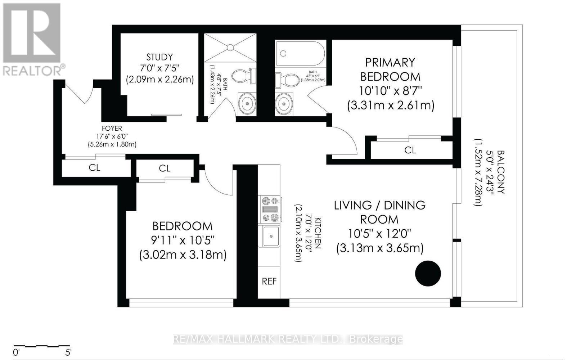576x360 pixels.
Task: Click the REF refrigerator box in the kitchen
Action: [x=269, y=281]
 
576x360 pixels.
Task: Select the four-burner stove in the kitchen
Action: [x=270, y=209]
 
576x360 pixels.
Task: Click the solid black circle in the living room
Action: [x=428, y=274]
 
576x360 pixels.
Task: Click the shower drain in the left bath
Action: [x=230, y=47]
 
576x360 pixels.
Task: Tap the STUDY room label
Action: [x=159, y=57]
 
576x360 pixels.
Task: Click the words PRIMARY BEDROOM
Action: [x=390, y=69]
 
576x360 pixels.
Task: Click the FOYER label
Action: [x=112, y=128]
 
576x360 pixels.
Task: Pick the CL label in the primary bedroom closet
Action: [x=410, y=150]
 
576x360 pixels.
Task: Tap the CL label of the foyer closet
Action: [x=95, y=168]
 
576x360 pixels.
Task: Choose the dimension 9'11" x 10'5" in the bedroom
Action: [x=183, y=240]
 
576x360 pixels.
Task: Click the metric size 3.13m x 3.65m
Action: [x=380, y=248]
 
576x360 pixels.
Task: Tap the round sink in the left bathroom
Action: [x=247, y=103]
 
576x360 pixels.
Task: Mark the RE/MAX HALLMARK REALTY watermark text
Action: [x=288, y=339]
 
